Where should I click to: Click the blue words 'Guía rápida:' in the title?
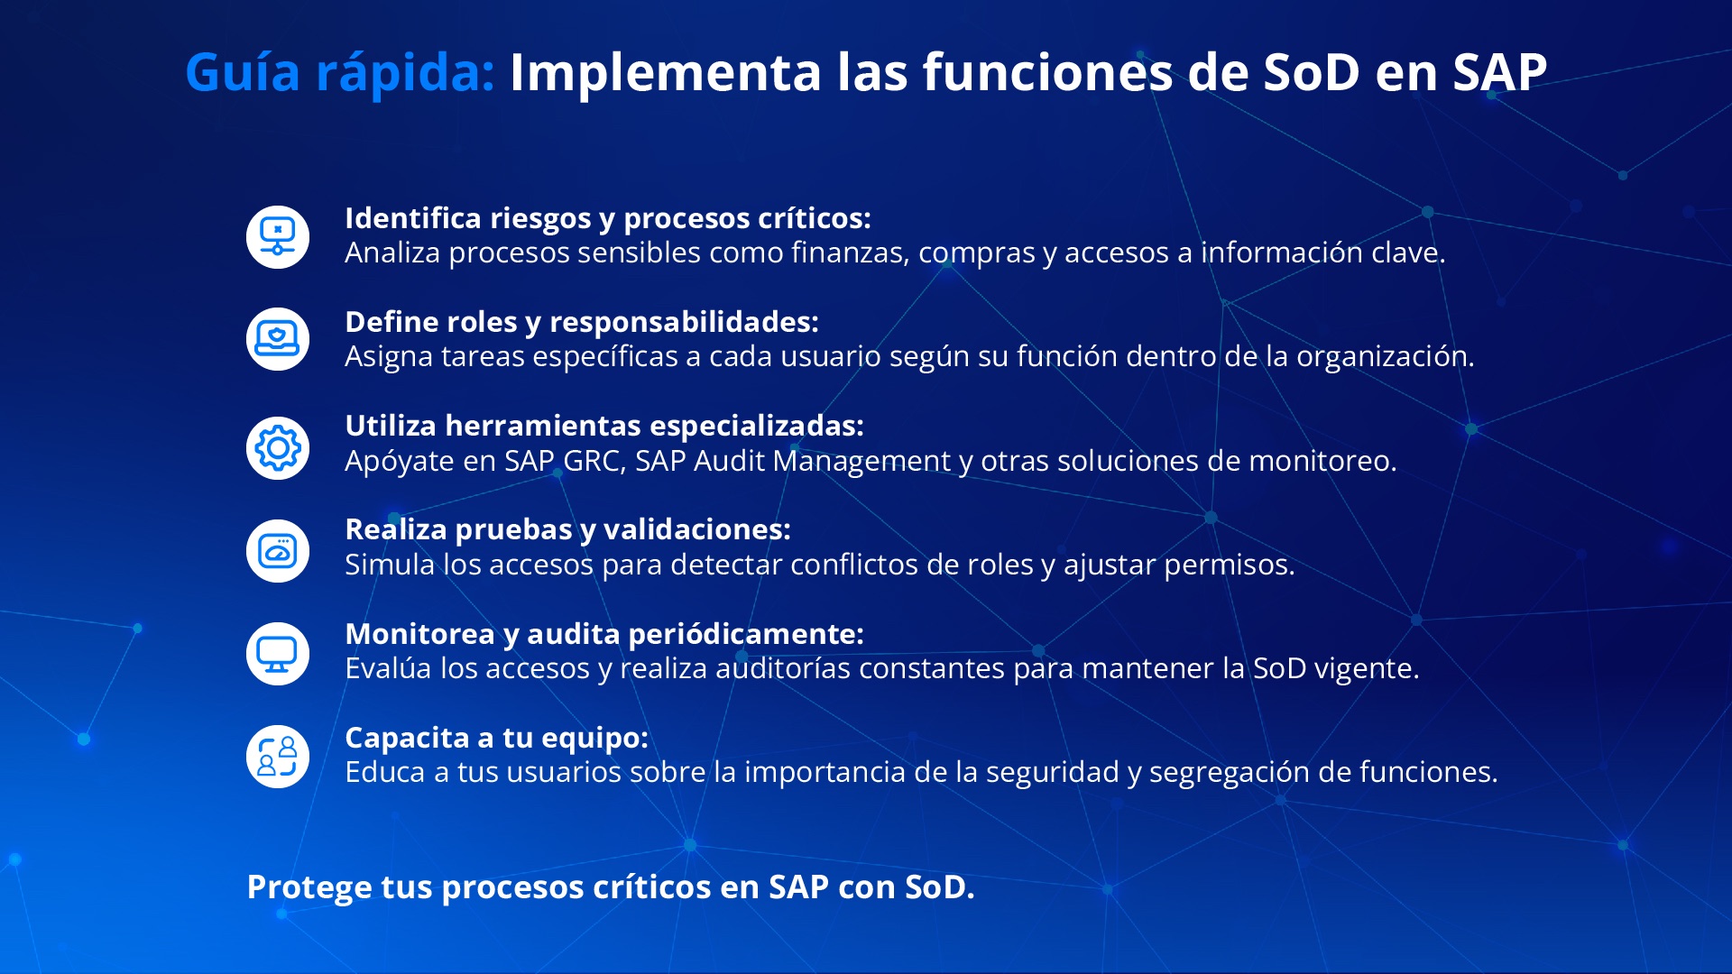(340, 72)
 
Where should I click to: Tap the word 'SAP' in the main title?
(1499, 72)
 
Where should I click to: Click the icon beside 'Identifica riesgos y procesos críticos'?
(278, 237)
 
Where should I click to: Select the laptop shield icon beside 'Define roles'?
(278, 340)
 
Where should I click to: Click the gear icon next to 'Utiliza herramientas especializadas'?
(278, 448)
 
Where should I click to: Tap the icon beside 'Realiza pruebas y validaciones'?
(278, 551)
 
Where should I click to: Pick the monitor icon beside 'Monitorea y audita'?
(278, 654)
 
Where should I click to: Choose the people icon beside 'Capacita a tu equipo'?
(278, 757)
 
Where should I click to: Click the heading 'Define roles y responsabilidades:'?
(582, 322)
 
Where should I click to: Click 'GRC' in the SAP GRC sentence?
(593, 461)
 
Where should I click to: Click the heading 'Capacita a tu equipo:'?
(496, 738)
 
